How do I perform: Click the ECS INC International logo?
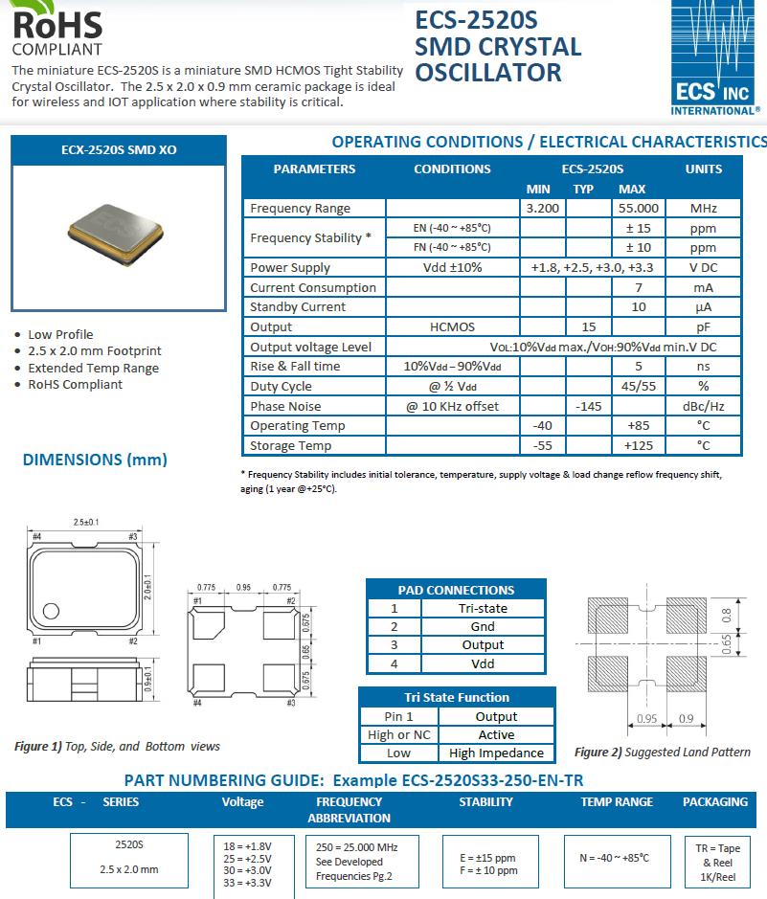click(x=715, y=57)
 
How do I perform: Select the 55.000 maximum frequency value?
click(x=639, y=208)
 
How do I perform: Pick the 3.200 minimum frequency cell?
click(x=543, y=208)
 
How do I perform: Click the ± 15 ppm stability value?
click(x=639, y=228)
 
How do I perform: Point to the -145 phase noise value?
click(x=588, y=406)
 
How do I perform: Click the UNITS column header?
click(x=704, y=169)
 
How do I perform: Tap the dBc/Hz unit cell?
click(x=704, y=406)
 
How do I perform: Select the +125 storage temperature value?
click(x=639, y=445)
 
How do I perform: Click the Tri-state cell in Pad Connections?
click(x=483, y=608)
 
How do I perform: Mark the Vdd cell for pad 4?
click(x=483, y=663)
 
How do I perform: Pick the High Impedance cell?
click(x=496, y=753)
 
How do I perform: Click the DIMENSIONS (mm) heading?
click(x=95, y=460)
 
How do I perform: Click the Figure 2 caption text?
click(x=663, y=752)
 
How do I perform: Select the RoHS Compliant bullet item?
click(x=75, y=384)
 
